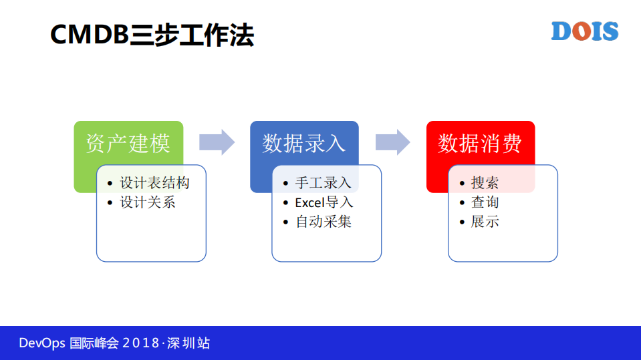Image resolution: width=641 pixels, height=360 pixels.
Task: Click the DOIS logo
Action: tap(584, 31)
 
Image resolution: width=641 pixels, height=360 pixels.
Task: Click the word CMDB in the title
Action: tap(89, 35)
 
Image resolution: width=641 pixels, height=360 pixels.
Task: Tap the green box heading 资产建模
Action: tap(128, 143)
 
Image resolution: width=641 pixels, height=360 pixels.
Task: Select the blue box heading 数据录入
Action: tap(304, 143)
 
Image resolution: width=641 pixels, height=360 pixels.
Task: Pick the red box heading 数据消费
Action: tap(480, 143)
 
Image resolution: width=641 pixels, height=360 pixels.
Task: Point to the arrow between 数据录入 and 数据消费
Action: tap(393, 142)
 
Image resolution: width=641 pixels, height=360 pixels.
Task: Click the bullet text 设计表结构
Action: tap(154, 183)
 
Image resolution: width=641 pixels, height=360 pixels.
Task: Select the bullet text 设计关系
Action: tap(148, 202)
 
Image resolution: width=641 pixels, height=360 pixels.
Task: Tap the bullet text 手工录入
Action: tap(324, 183)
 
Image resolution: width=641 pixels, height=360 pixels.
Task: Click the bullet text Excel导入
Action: tap(324, 202)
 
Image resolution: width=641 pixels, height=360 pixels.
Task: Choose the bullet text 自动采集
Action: tap(324, 222)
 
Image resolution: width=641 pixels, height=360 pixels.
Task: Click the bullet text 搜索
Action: tap(485, 183)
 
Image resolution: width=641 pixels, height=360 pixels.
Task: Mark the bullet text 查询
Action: tap(485, 202)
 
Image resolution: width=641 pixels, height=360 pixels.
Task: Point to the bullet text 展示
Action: tap(485, 222)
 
